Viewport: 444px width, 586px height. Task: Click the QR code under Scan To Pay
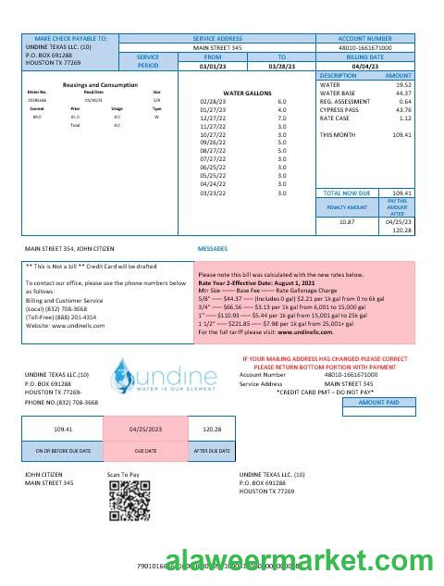tap(123, 504)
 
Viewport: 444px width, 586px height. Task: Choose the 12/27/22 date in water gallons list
tap(212, 118)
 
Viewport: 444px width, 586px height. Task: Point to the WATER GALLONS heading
tap(245, 94)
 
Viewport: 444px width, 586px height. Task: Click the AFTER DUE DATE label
tap(211, 450)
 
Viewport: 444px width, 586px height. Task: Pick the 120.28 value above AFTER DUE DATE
tap(211, 429)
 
